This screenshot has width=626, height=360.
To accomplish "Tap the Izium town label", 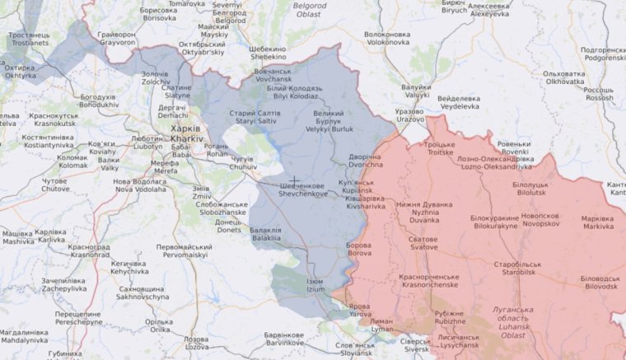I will point(315,286).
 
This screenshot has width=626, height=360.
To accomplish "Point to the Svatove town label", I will point(424,242).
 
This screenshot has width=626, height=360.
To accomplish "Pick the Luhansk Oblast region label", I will point(508,318).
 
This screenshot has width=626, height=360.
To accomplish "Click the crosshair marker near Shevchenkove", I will point(293,179).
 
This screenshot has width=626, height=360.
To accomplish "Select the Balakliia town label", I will point(265,234).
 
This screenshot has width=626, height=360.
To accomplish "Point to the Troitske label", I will point(439,148).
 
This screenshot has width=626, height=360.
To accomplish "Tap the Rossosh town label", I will point(599,93).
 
